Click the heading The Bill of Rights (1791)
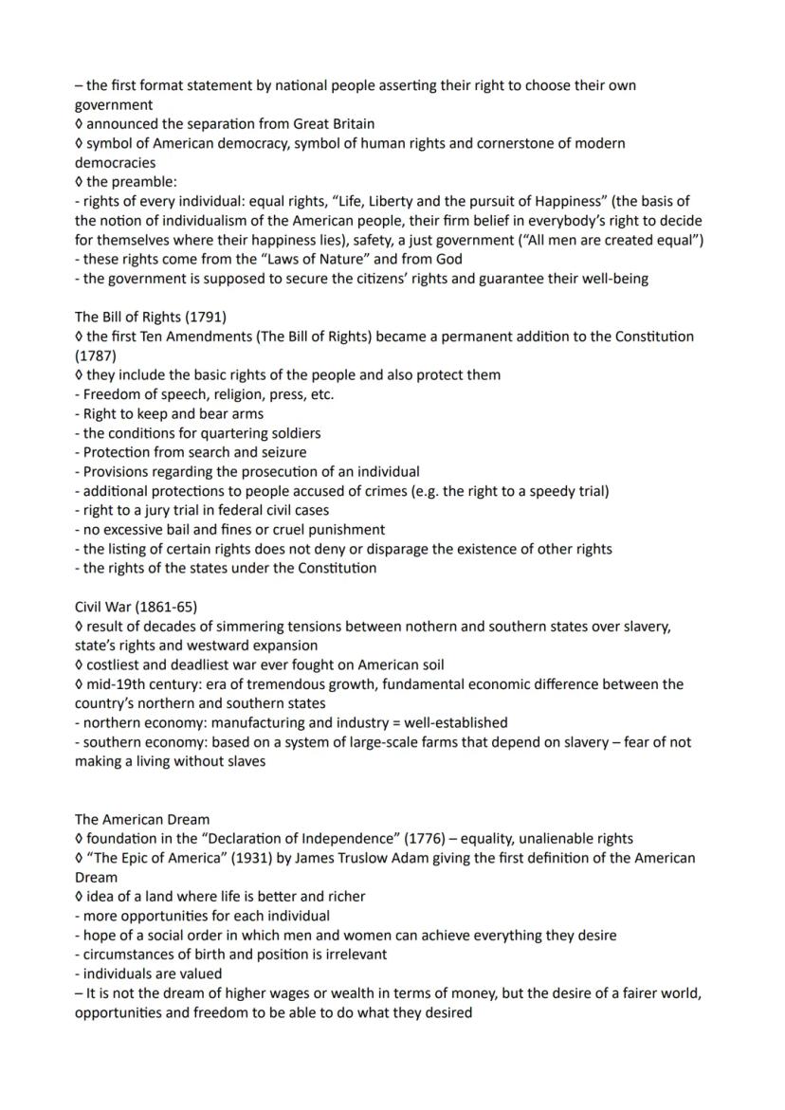click(150, 317)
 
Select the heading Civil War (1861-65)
click(136, 607)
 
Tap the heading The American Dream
click(142, 819)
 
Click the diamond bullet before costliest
click(79, 664)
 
